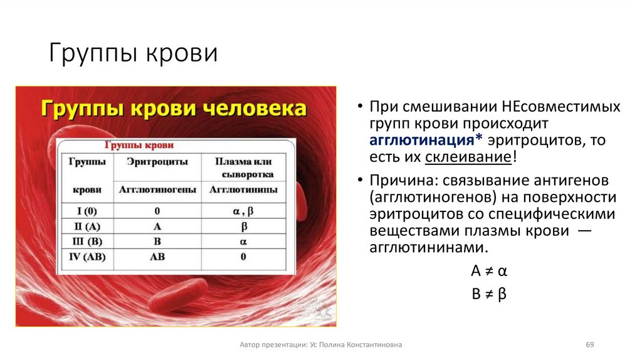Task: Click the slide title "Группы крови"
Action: click(x=134, y=54)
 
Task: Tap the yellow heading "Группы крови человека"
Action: click(x=174, y=108)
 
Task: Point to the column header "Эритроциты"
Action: click(x=157, y=161)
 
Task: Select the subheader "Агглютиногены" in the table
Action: click(x=157, y=189)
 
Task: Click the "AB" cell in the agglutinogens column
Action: click(x=157, y=257)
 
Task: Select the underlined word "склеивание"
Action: click(x=468, y=157)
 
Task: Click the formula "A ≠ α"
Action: click(x=488, y=272)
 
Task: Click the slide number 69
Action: click(x=589, y=345)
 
